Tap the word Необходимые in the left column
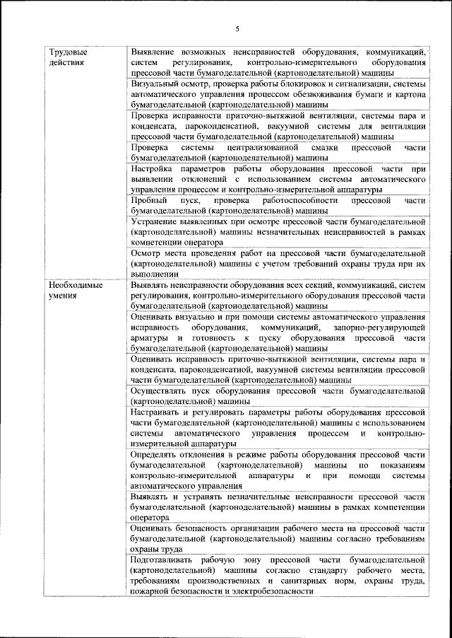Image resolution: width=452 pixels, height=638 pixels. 76,285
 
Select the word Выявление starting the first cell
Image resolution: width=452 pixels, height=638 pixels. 155,52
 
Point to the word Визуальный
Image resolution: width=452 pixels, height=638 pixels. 155,83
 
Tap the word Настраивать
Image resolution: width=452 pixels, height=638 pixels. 157,412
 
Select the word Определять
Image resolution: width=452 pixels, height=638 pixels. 157,454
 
